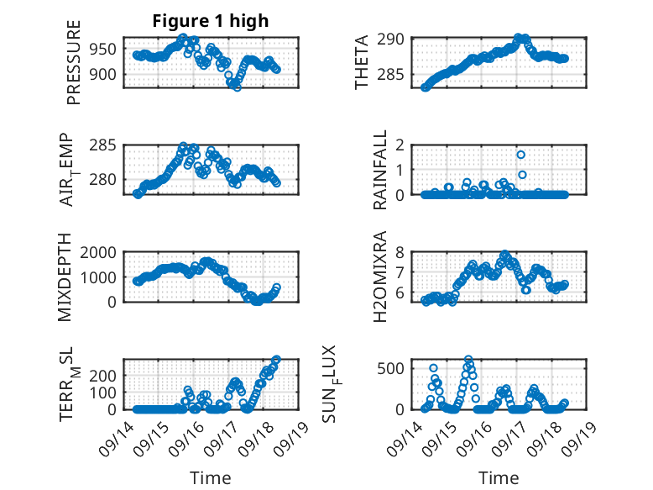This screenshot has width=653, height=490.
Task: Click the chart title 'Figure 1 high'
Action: point(210,22)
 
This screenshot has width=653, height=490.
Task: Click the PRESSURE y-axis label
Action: point(74,68)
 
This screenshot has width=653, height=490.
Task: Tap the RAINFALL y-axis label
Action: point(380,170)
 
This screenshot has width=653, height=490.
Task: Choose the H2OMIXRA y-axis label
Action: point(380,277)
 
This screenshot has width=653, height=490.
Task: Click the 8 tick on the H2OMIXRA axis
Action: point(401,252)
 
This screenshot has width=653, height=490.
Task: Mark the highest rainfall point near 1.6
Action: point(521,155)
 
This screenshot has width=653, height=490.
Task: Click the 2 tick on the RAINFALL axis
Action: point(401,145)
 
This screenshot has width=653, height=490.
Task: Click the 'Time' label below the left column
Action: point(211,477)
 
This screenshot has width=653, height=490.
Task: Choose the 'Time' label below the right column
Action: point(499,477)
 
